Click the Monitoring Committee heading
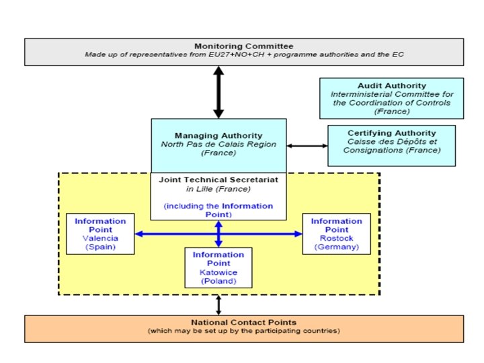[244, 44]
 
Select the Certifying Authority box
[391, 145]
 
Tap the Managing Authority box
[218, 145]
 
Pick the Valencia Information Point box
[100, 234]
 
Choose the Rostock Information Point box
[336, 234]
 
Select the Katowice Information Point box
[218, 268]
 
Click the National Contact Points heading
[244, 323]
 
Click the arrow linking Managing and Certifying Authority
[307, 145]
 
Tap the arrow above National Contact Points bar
[218, 305]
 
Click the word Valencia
[100, 238]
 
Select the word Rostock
[336, 238]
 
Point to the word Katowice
[218, 272]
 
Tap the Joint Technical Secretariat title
[218, 180]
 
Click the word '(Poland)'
[218, 281]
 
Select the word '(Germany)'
[336, 247]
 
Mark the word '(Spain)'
[100, 247]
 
